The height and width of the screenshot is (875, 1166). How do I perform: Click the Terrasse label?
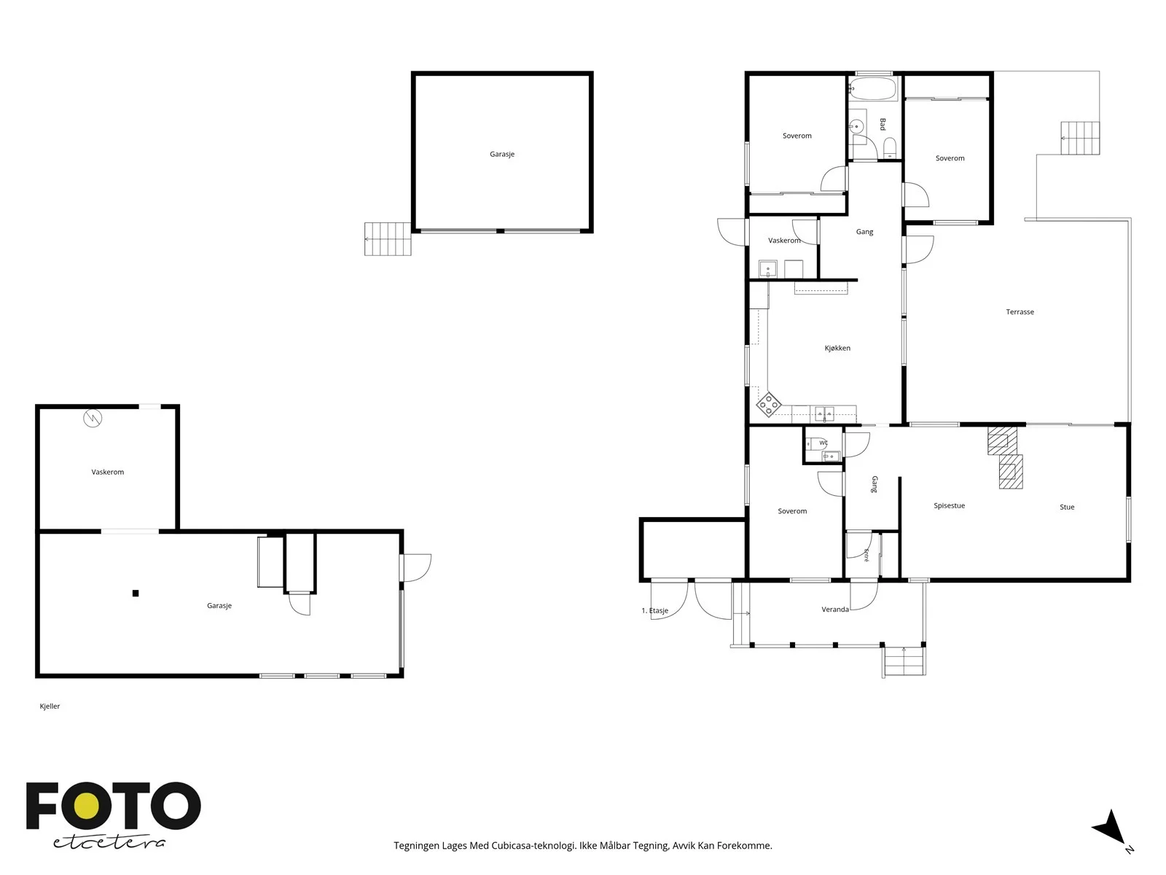(1020, 312)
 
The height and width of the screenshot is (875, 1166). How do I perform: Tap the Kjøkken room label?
(837, 348)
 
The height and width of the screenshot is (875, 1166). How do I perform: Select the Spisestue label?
(949, 506)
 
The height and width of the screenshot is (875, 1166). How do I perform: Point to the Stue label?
(1067, 507)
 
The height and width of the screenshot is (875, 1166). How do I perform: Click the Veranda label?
(834, 610)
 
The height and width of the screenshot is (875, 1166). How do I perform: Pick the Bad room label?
(883, 124)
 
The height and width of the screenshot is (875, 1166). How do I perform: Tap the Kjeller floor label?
(50, 706)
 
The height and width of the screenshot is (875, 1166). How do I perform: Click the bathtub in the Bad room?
(872, 89)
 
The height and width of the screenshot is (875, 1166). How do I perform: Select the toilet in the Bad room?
(890, 148)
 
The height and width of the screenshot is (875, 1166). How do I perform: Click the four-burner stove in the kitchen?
(769, 405)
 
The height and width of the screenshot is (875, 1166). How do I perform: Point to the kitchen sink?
(824, 414)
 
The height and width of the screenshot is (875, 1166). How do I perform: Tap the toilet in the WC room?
(814, 443)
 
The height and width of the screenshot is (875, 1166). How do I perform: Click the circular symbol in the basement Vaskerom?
(93, 418)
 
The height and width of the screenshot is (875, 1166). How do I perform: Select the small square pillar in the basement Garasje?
(136, 594)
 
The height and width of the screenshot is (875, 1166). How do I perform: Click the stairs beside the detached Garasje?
(387, 238)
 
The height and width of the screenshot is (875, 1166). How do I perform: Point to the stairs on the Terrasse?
(1080, 138)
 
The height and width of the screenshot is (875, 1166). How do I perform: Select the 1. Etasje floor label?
(654, 610)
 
